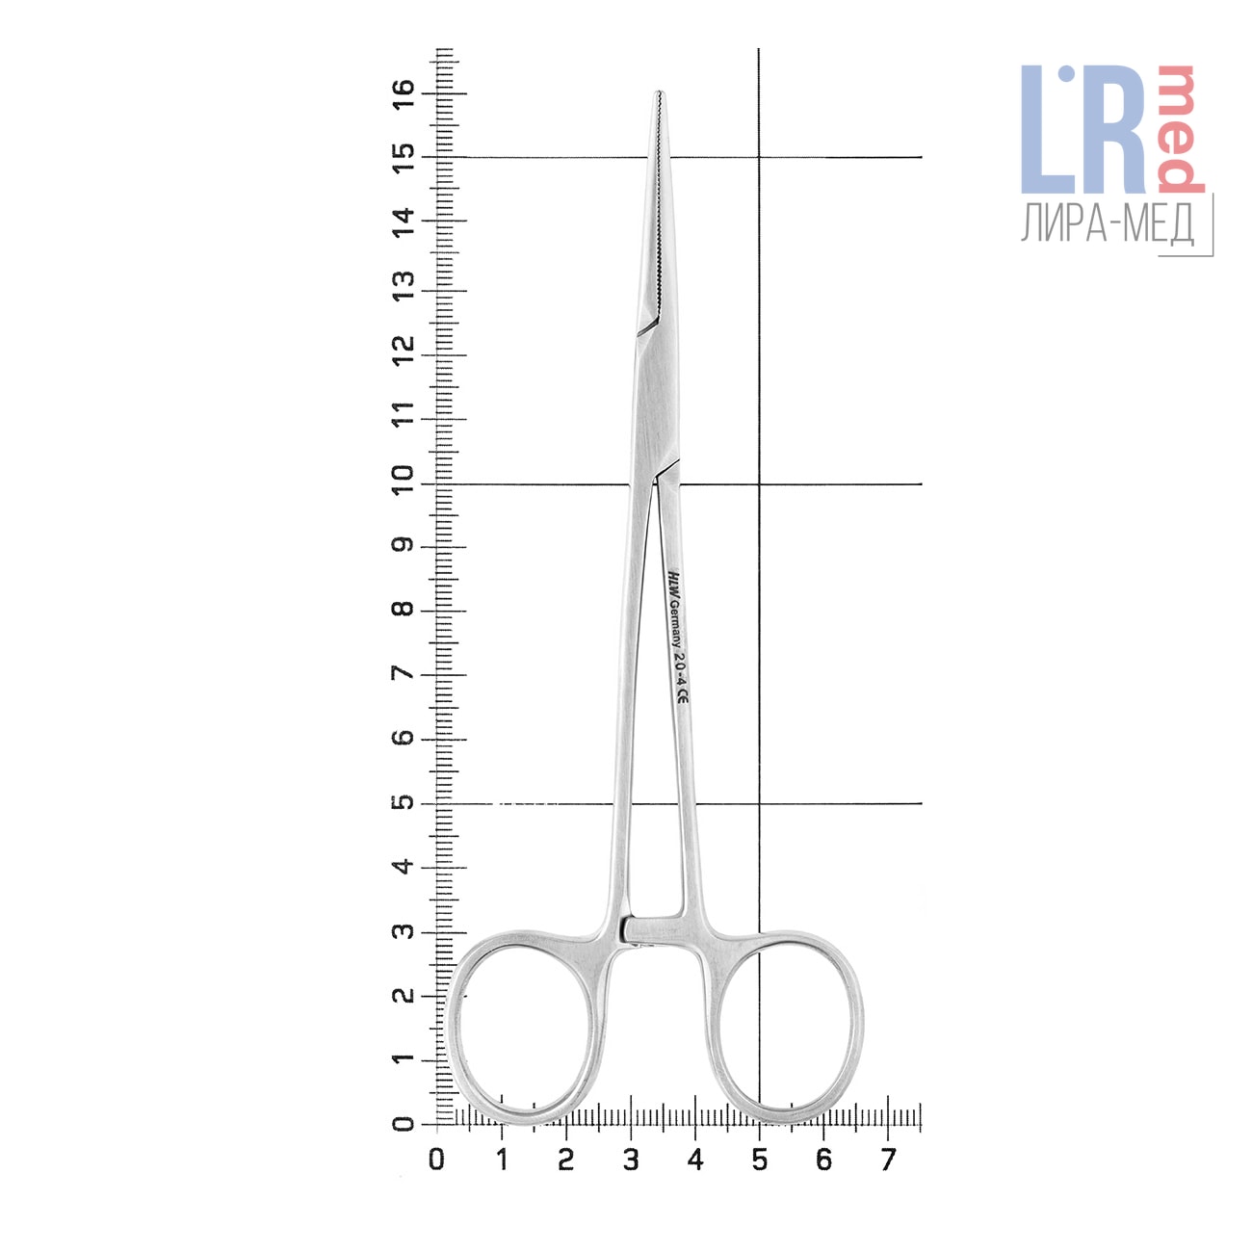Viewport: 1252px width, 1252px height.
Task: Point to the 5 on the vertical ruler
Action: (404, 802)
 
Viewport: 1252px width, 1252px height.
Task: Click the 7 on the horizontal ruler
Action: (888, 1160)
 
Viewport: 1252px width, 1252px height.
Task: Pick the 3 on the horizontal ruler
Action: (630, 1160)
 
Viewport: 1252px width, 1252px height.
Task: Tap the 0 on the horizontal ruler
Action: (436, 1160)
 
